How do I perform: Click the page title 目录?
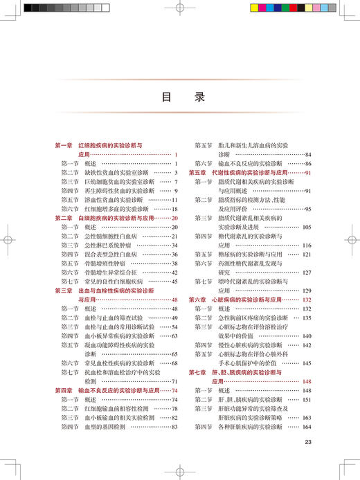[180, 98]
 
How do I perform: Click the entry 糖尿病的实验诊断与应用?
[253, 254]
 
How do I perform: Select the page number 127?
[307, 272]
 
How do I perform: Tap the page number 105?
[307, 226]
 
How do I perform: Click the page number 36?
[174, 254]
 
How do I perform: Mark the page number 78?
[174, 408]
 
